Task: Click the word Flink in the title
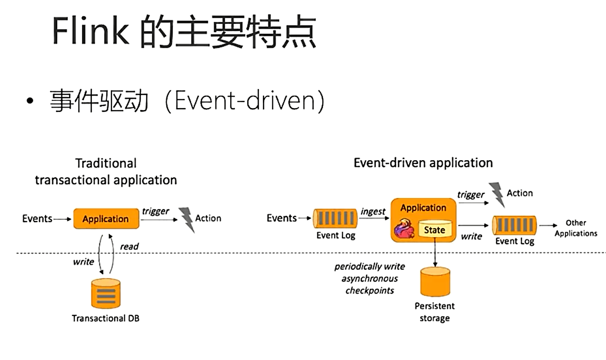[x=90, y=30]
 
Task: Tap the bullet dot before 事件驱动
[x=30, y=101]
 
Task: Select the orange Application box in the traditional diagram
[x=106, y=218]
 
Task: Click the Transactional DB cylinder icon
[x=106, y=294]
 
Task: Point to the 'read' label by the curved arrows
[x=130, y=247]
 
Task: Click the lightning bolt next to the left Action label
[x=187, y=220]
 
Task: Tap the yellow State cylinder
[x=435, y=229]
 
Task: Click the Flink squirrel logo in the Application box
[x=404, y=229]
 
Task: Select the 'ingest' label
[x=373, y=211]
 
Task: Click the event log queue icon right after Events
[x=335, y=218]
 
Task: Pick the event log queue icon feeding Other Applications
[x=514, y=225]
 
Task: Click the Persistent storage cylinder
[x=435, y=282]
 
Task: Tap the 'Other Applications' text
[x=576, y=228]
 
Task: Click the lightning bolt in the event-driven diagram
[x=497, y=195]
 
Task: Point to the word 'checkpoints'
[x=370, y=291]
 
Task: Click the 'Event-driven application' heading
[x=423, y=163]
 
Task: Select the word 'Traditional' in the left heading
[x=106, y=163]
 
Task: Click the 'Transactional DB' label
[x=106, y=318]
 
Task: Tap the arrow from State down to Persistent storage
[x=435, y=252]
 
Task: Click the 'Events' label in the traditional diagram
[x=37, y=218]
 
